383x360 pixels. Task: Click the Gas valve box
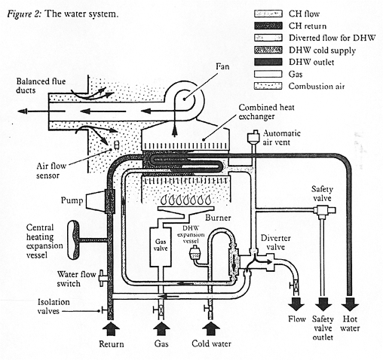(161, 247)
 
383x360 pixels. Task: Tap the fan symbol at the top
(184, 99)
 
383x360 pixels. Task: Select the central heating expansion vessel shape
(73, 239)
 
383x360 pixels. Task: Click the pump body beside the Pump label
(95, 201)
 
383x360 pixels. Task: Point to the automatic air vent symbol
(254, 137)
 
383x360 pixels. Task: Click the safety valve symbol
(324, 210)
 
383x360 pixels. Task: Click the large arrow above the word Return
(111, 329)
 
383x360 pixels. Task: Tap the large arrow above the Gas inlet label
(161, 329)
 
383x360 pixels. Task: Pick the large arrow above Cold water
(211, 329)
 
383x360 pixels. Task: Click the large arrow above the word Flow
(296, 304)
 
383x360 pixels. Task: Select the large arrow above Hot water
(350, 304)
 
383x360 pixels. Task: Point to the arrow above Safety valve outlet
(323, 304)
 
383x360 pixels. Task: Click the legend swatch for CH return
(268, 26)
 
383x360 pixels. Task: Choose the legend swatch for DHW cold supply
(268, 50)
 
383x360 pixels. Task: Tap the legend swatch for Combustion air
(268, 86)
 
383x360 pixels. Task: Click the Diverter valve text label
(276, 243)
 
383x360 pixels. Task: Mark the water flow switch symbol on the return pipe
(103, 277)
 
